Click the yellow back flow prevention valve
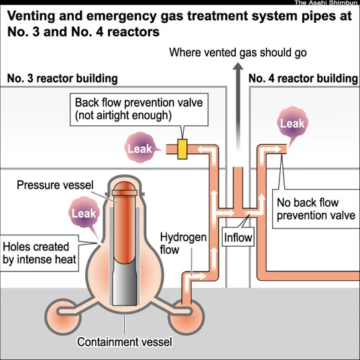(x=182, y=149)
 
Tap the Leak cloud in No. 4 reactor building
(x=292, y=124)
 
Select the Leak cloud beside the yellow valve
(x=141, y=147)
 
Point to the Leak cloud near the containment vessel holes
(x=84, y=213)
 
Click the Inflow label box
(x=238, y=237)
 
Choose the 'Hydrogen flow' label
(x=183, y=243)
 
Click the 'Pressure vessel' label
(x=55, y=185)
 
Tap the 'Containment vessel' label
(x=125, y=342)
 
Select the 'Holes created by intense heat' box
(x=40, y=253)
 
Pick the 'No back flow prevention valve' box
(x=316, y=209)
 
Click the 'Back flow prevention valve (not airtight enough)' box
(x=139, y=109)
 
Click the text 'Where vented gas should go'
(x=238, y=52)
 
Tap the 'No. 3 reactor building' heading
(x=62, y=78)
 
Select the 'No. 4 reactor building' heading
(x=303, y=78)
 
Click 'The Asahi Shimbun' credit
(x=326, y=3)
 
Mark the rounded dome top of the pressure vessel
(x=125, y=186)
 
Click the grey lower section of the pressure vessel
(x=125, y=285)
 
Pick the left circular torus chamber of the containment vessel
(x=63, y=317)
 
